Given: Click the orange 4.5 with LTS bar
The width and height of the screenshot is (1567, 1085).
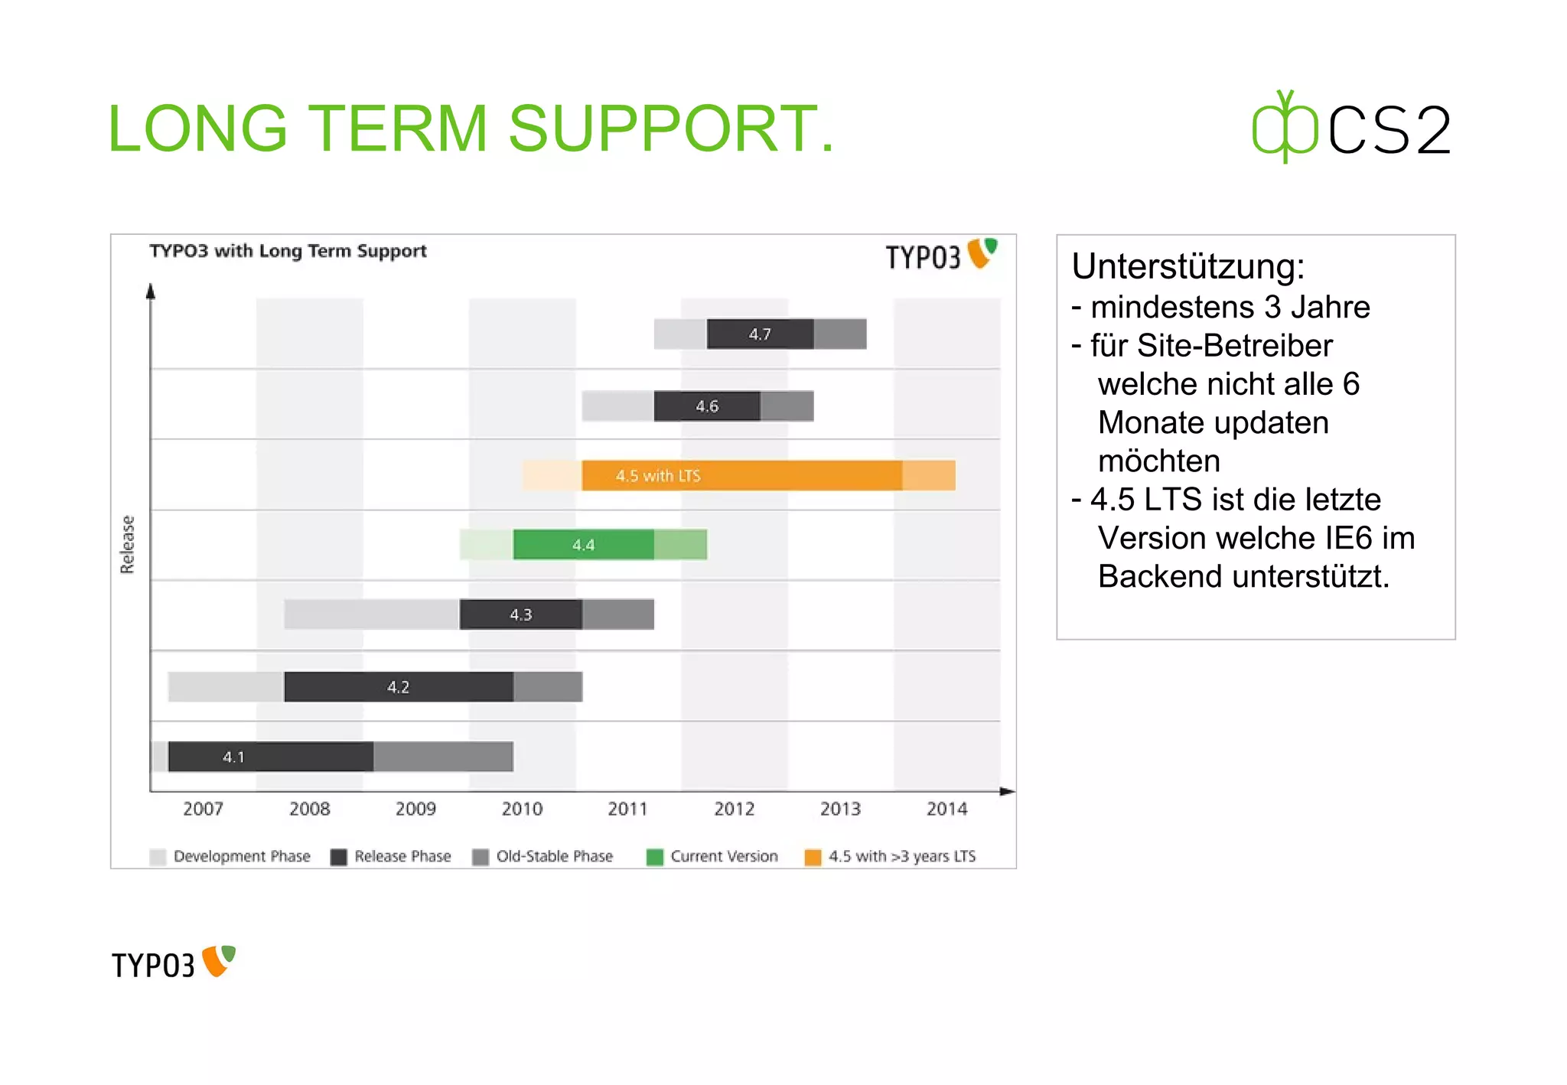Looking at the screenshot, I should (741, 475).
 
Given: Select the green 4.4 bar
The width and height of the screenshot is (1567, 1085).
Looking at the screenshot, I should (583, 545).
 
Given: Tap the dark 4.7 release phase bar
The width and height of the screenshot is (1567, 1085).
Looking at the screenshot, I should (760, 334).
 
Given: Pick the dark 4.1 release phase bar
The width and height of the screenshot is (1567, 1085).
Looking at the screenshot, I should (270, 757).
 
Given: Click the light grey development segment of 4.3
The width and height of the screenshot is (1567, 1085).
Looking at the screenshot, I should (371, 614).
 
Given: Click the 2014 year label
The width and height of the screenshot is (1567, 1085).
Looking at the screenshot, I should (946, 809).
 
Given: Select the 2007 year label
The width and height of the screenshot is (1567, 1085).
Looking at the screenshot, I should (203, 809).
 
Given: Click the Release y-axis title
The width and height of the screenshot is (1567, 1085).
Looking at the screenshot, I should (127, 544).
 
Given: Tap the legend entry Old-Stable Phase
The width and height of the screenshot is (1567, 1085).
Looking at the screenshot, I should (554, 856).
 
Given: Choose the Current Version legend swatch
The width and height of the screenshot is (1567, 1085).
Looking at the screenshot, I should (655, 857).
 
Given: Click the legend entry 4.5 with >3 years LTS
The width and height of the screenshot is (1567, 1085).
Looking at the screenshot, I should (901, 856).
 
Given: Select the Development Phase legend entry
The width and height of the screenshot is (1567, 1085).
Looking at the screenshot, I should (241, 856).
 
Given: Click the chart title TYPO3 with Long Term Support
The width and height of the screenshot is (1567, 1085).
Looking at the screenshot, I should (288, 251).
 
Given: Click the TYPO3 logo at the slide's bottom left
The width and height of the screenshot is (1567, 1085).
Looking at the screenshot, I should (173, 964).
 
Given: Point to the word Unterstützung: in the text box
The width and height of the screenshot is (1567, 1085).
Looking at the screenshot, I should (1187, 266).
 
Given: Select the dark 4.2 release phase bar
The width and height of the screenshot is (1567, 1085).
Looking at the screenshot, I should (398, 687).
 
